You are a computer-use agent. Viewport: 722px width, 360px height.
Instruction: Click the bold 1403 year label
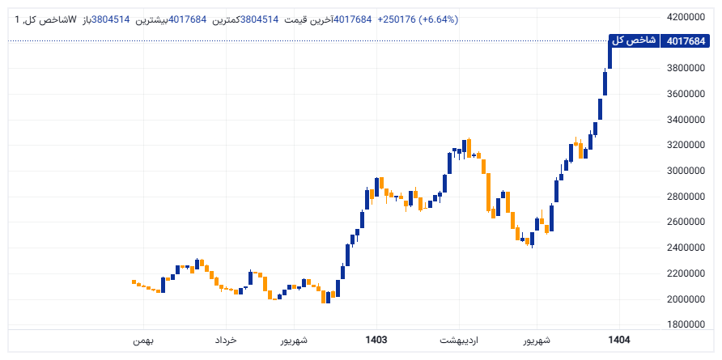pyautogui.click(x=376, y=341)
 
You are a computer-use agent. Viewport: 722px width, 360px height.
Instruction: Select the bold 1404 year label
pyautogui.click(x=618, y=341)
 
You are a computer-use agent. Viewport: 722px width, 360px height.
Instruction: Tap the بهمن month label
pyautogui.click(x=143, y=341)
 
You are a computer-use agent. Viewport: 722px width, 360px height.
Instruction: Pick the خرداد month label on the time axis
pyautogui.click(x=226, y=341)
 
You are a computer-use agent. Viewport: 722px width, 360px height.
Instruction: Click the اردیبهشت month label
pyautogui.click(x=460, y=341)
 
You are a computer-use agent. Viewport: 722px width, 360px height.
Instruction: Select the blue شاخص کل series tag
pyautogui.click(x=632, y=40)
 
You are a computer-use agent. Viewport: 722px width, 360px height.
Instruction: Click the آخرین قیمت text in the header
pyautogui.click(x=308, y=19)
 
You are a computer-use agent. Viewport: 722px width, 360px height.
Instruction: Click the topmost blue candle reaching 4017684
pyautogui.click(x=610, y=53)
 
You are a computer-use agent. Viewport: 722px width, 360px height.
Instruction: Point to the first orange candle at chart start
pyautogui.click(x=134, y=282)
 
